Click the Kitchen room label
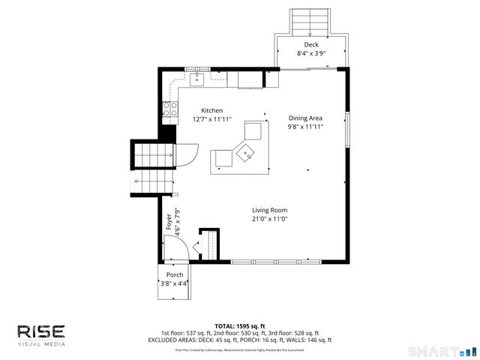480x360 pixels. pyautogui.click(x=211, y=111)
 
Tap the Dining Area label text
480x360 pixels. pyautogui.click(x=305, y=118)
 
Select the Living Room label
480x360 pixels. pyautogui.click(x=270, y=210)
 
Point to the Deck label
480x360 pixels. pyautogui.click(x=310, y=45)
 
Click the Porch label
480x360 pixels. pyautogui.click(x=174, y=274)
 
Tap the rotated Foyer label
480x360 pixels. pyautogui.click(x=168, y=223)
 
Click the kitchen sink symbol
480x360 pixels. pyautogui.click(x=199, y=76)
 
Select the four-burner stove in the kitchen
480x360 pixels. pyautogui.click(x=169, y=110)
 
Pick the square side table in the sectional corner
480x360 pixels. pyautogui.click(x=244, y=153)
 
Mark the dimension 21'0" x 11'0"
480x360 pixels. pyautogui.click(x=270, y=219)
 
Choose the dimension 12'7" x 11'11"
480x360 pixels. pyautogui.click(x=211, y=119)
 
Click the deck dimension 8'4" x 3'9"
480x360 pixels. pyautogui.click(x=310, y=54)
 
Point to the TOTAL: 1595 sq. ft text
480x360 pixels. pyautogui.click(x=240, y=325)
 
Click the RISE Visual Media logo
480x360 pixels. pyautogui.click(x=41, y=334)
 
